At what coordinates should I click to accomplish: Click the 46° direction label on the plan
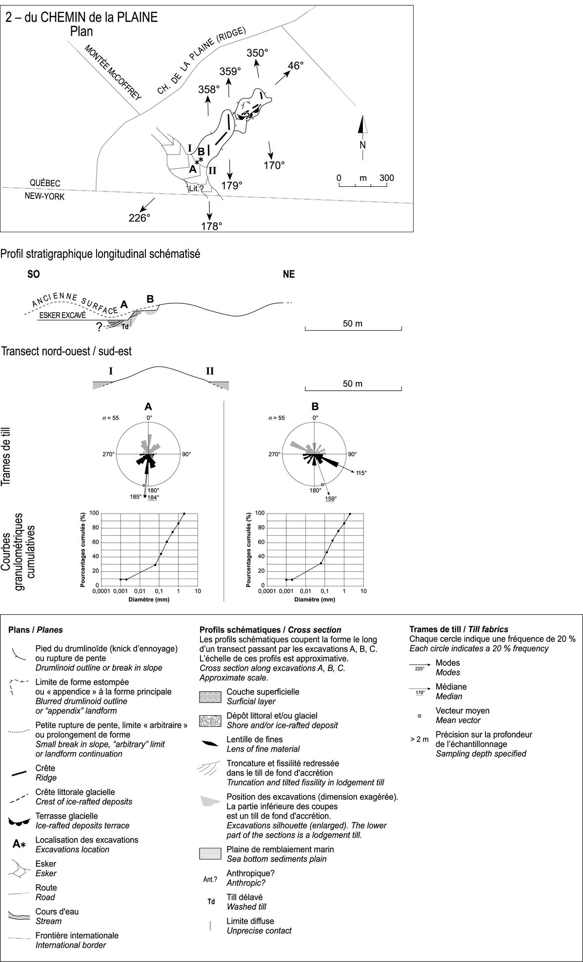pyautogui.click(x=296, y=65)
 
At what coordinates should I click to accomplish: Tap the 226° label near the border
pyautogui.click(x=138, y=218)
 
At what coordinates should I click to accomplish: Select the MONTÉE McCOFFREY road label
pyautogui.click(x=113, y=73)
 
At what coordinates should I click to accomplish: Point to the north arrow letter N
pyautogui.click(x=362, y=145)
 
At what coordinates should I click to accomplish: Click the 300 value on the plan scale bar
pyautogui.click(x=387, y=178)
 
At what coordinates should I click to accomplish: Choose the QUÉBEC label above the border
pyautogui.click(x=45, y=182)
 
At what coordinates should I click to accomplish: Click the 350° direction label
pyautogui.click(x=258, y=53)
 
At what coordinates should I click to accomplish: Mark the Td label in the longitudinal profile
pyautogui.click(x=125, y=326)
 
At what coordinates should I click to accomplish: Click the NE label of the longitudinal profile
pyautogui.click(x=289, y=274)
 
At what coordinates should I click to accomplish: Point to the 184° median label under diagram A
pyautogui.click(x=154, y=497)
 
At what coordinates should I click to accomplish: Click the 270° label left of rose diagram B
pyautogui.click(x=274, y=455)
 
